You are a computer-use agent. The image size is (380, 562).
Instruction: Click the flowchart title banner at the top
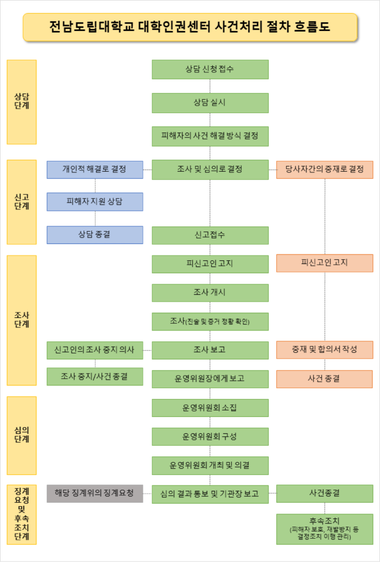click(x=190, y=27)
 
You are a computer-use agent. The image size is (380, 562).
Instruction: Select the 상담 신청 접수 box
click(x=210, y=69)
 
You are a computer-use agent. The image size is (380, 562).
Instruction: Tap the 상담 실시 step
click(x=210, y=102)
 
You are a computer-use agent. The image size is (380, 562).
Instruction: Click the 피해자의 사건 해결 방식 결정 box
click(x=210, y=135)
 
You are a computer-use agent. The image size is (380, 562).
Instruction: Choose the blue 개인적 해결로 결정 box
click(x=94, y=170)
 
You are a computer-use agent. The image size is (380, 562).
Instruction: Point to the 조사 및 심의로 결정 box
click(x=210, y=170)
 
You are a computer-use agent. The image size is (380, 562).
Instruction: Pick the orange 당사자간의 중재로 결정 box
click(x=325, y=170)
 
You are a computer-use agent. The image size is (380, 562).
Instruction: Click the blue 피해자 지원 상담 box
click(x=94, y=202)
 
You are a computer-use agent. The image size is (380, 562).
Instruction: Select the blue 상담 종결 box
click(x=94, y=235)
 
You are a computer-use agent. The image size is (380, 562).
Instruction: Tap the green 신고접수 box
click(x=210, y=235)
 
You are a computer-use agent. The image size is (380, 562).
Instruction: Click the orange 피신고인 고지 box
click(x=325, y=263)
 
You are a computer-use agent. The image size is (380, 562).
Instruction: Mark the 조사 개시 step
click(x=210, y=292)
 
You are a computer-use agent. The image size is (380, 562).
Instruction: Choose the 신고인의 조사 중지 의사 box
click(x=94, y=350)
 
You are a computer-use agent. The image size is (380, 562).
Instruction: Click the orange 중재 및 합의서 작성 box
click(x=325, y=350)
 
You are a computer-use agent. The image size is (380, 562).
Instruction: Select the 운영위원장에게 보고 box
click(x=210, y=379)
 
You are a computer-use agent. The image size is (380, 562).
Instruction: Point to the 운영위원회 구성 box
click(x=210, y=436)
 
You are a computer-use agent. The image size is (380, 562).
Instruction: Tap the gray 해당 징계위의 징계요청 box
click(x=94, y=494)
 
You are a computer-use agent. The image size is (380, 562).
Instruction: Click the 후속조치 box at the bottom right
click(x=325, y=529)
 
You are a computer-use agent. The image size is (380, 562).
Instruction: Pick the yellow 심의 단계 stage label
click(x=22, y=435)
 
